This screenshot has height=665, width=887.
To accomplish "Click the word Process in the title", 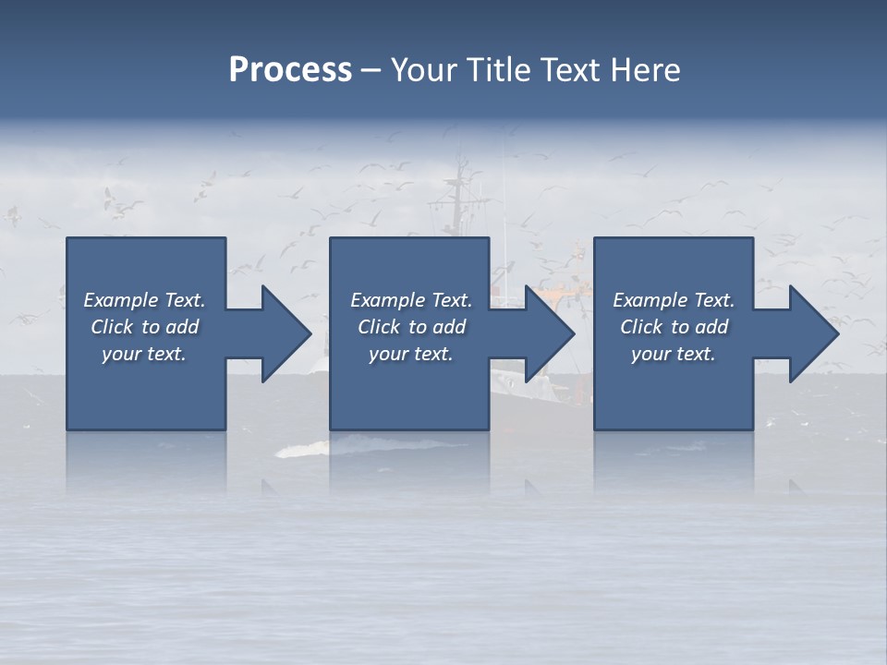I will click(x=290, y=70).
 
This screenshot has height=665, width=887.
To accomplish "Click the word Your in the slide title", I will click(x=424, y=70).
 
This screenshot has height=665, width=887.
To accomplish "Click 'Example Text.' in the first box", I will click(x=144, y=300).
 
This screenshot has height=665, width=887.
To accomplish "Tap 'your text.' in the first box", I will click(x=144, y=354).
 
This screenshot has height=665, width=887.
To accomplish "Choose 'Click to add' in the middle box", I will click(x=411, y=327).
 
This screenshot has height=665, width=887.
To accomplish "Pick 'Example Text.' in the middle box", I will click(x=411, y=300).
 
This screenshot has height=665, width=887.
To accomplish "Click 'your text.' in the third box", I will click(x=674, y=354).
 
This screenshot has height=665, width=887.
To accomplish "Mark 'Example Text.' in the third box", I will click(x=674, y=300).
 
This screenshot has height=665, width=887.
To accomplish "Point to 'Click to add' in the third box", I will click(x=674, y=327).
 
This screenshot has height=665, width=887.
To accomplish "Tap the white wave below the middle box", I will click(x=305, y=450).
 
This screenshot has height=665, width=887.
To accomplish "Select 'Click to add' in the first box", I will click(x=144, y=327).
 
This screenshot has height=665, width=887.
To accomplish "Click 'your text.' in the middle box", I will click(x=411, y=354).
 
